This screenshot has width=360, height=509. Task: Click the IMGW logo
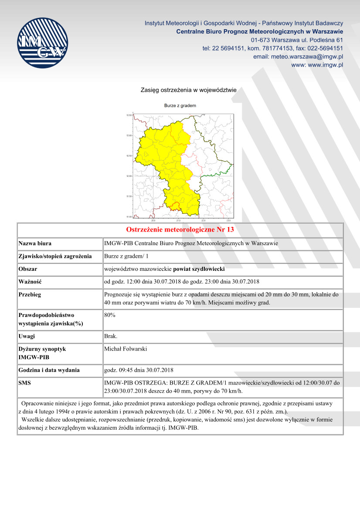(x=43, y=43)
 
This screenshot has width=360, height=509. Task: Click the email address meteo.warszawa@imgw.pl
(x=298, y=57)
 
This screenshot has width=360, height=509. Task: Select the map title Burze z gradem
(x=180, y=106)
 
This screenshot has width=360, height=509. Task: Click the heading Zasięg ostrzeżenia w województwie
(x=188, y=90)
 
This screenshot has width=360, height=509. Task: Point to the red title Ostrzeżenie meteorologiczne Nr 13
(x=180, y=229)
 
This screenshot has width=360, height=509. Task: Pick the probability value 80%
(x=110, y=315)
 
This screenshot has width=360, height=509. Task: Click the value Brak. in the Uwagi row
(x=111, y=336)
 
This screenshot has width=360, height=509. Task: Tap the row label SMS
(x=25, y=383)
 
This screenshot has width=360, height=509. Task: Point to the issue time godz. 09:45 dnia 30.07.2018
(x=139, y=371)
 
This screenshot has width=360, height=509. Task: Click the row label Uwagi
(x=27, y=336)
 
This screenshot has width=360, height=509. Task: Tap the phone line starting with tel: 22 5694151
(x=272, y=48)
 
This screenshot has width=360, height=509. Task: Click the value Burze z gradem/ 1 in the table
(x=126, y=256)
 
